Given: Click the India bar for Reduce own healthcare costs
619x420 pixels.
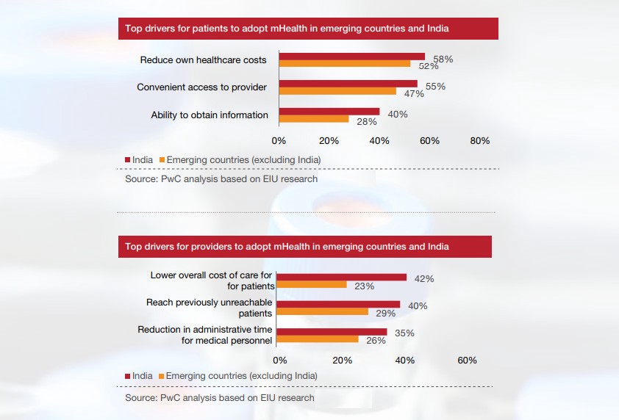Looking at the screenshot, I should tap(352, 57).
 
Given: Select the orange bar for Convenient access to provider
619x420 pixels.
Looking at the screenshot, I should tap(337, 92).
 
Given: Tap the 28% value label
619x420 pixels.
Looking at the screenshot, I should tap(367, 122).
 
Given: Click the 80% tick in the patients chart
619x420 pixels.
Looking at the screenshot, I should tap(480, 140).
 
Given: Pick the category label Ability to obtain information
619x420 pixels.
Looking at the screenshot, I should tap(210, 115).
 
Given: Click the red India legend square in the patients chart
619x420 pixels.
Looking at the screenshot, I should tap(126, 159).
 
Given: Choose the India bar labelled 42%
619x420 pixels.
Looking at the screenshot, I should tap(343, 277).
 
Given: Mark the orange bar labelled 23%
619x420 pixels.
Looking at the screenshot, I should tap(312, 284).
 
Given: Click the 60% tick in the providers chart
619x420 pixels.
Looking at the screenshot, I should tap(467, 361).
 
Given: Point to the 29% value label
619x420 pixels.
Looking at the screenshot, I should tap(384, 314).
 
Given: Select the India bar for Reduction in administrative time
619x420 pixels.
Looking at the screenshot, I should tap(333, 332).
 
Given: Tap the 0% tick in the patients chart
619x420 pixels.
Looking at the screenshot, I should tap(279, 140).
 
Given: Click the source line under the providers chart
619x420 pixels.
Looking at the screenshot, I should tap(219, 398).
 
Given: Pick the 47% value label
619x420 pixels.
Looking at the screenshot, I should tap(414, 94).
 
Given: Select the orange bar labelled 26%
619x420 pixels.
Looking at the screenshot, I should tap(319, 339).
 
